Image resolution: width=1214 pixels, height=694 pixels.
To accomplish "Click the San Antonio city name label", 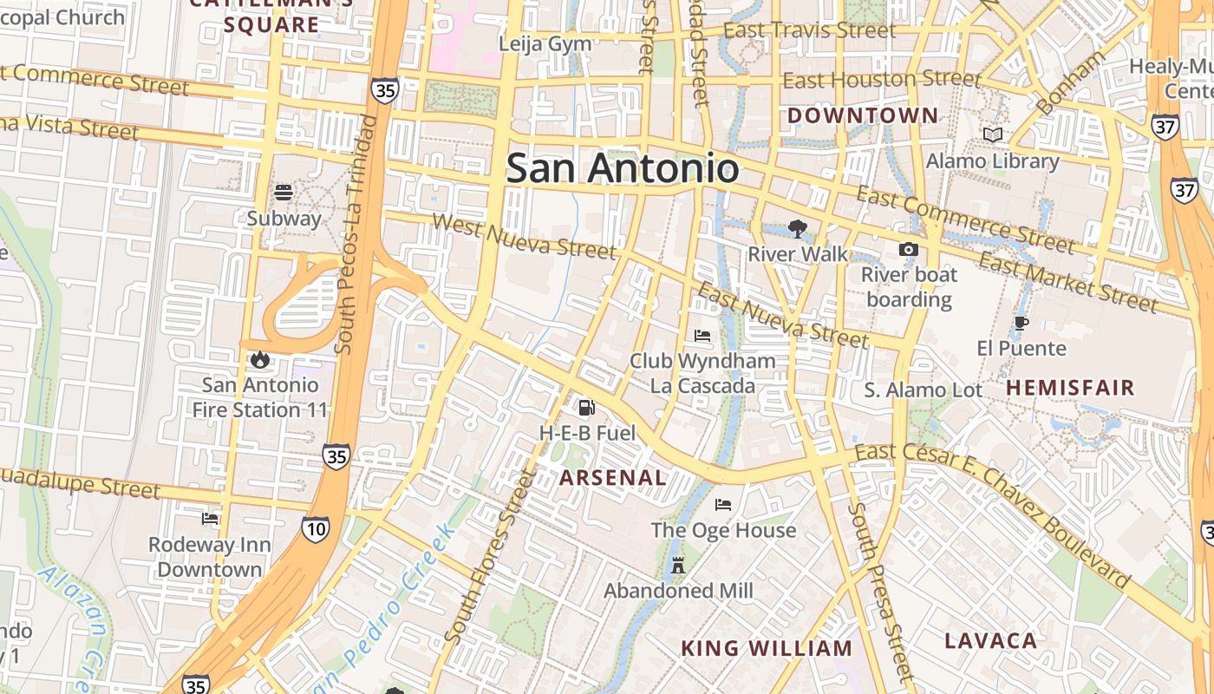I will click(x=622, y=168).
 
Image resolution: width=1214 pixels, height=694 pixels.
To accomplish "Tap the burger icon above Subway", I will click(x=284, y=192).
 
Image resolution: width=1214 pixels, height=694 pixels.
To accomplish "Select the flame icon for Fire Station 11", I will click(x=259, y=359).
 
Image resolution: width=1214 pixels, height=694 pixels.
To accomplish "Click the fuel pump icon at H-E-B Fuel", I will click(x=587, y=407).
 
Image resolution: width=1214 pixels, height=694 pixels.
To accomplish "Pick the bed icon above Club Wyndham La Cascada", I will click(x=702, y=336).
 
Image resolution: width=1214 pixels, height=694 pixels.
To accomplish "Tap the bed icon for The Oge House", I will click(x=723, y=505).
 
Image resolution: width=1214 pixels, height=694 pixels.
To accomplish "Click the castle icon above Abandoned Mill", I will click(x=678, y=566).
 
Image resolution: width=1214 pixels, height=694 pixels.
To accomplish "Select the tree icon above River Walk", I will click(x=797, y=229).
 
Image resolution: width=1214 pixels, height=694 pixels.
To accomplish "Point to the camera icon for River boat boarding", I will click(x=908, y=250).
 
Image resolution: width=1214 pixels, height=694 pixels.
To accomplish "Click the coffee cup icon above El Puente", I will click(x=1021, y=324).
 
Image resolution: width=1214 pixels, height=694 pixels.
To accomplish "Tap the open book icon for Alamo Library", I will click(x=993, y=135).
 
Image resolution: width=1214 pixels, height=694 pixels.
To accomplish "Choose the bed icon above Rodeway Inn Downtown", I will click(x=210, y=519).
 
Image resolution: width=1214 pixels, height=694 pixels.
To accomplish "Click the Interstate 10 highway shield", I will click(x=315, y=527).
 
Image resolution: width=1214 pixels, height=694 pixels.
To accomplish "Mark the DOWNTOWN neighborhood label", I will click(x=862, y=115).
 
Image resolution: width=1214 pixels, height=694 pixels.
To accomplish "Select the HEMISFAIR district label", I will click(x=1070, y=388).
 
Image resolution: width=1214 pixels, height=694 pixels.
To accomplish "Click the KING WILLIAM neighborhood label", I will click(x=767, y=648).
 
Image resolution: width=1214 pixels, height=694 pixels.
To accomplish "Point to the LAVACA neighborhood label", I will click(x=990, y=641).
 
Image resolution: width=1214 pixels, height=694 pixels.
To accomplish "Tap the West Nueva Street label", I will click(x=524, y=236).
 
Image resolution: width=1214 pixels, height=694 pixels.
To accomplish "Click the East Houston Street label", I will click(x=882, y=80).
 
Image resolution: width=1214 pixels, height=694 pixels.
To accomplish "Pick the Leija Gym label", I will click(x=545, y=43).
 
